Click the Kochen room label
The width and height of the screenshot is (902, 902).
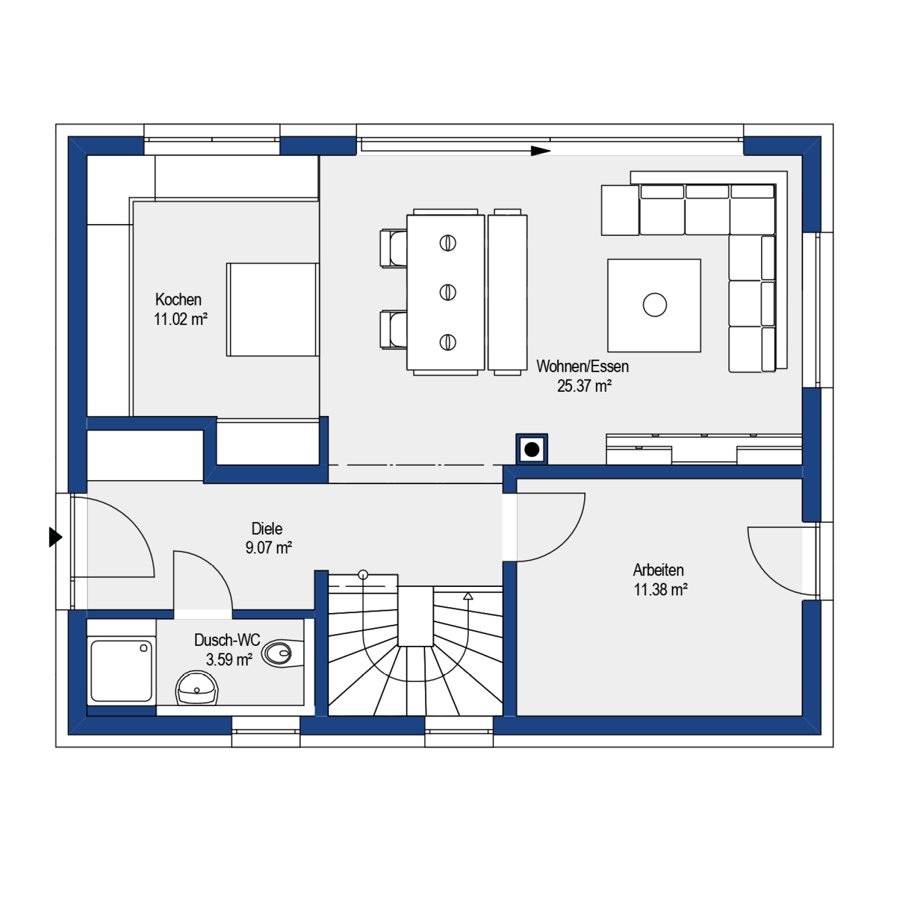click(x=178, y=299)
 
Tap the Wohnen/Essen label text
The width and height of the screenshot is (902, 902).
click(x=583, y=366)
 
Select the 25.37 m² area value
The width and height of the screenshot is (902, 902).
click(x=584, y=386)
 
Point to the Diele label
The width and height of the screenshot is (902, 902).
click(x=267, y=528)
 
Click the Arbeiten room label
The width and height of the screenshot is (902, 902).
click(x=658, y=570)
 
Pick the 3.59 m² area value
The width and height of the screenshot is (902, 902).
click(x=229, y=659)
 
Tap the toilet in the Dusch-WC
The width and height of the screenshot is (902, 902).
click(x=282, y=653)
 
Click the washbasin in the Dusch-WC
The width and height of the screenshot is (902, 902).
click(x=197, y=688)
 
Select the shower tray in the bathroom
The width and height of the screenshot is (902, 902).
click(x=122, y=671)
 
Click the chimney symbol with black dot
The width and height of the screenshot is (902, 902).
click(x=532, y=449)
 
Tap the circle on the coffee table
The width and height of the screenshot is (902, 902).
click(x=655, y=305)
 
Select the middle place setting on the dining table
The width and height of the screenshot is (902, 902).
click(x=448, y=293)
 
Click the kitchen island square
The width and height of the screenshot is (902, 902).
click(x=273, y=309)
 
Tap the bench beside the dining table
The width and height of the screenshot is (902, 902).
click(x=508, y=293)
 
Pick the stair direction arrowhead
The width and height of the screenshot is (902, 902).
click(x=468, y=596)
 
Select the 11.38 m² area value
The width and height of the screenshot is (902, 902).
click(x=660, y=590)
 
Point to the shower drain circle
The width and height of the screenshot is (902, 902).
click(x=144, y=648)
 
